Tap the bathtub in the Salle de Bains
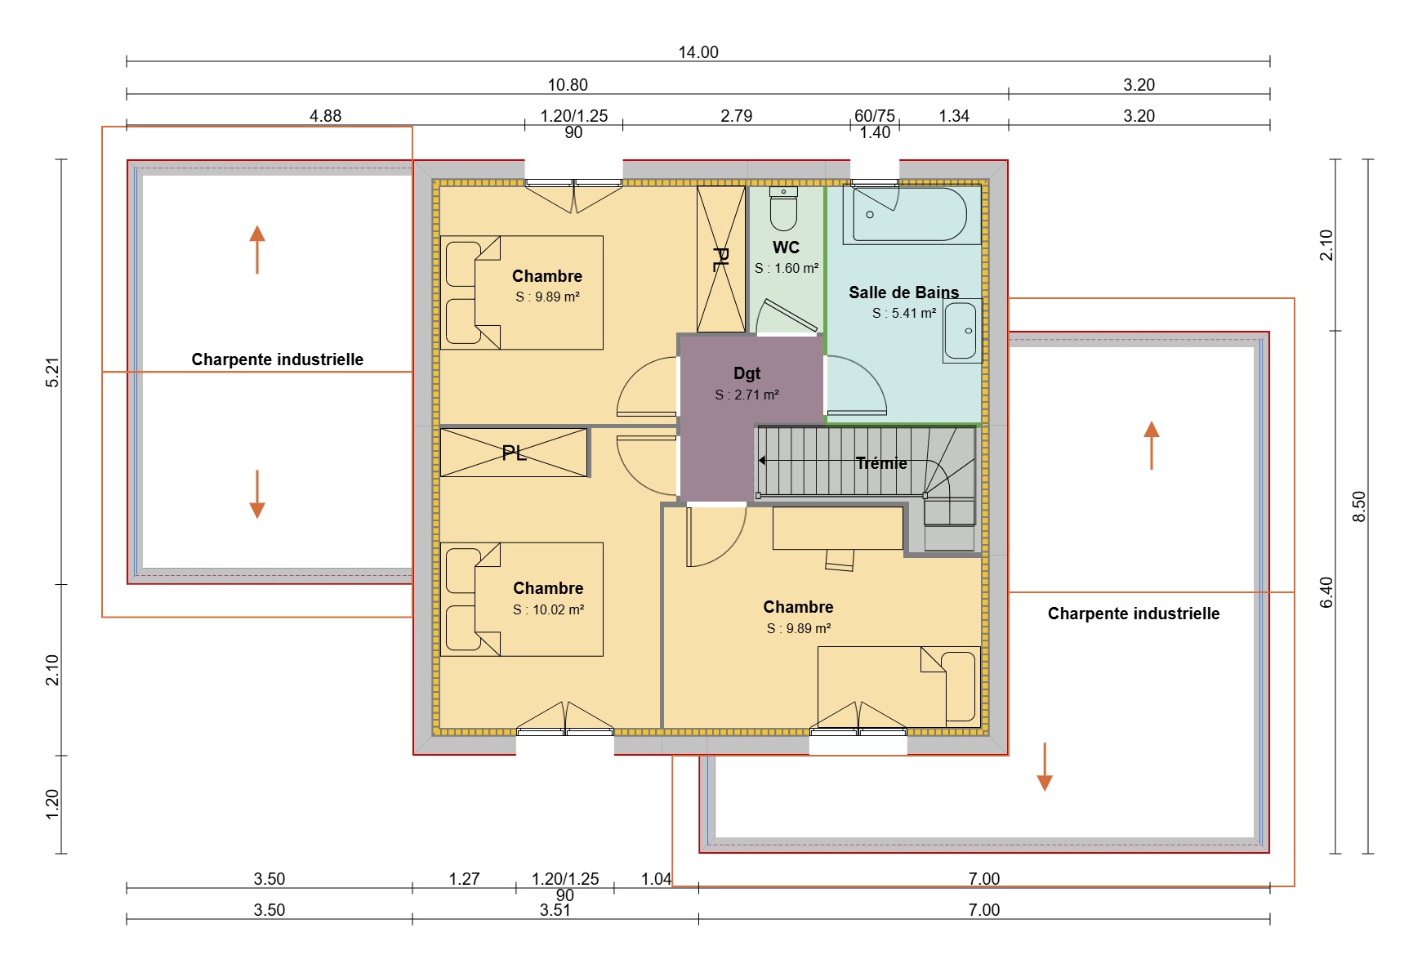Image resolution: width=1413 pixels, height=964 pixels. (910, 215)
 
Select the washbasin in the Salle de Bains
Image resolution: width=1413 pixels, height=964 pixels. (961, 331)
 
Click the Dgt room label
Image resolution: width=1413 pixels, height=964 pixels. (747, 373)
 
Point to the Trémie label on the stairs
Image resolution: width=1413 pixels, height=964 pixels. (881, 463)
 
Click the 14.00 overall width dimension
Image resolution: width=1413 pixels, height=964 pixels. (698, 52)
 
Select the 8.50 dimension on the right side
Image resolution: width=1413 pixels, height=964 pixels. (1358, 507)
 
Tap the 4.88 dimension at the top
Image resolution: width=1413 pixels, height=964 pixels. (325, 116)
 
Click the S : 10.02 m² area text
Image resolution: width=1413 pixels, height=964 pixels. (549, 609)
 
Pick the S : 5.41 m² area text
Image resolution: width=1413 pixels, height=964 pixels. (903, 313)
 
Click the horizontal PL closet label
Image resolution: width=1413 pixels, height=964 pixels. (514, 453)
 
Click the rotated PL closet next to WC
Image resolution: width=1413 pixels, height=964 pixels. (720, 260)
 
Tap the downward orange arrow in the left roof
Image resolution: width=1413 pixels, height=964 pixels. (257, 494)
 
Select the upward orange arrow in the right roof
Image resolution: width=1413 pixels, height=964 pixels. (1152, 445)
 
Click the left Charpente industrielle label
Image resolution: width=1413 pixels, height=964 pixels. (277, 359)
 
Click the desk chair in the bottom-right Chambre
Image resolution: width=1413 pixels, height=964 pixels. (840, 560)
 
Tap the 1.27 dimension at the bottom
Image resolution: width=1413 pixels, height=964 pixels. (464, 879)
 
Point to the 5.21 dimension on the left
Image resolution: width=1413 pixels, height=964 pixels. (53, 373)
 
